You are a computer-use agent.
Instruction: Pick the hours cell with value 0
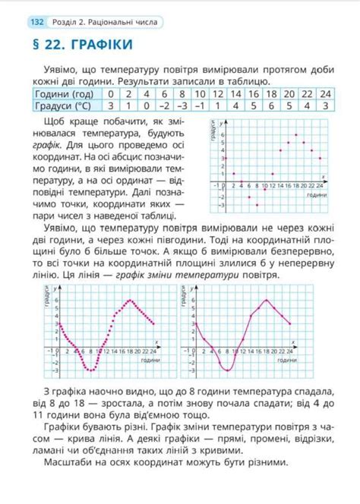coord(111,93)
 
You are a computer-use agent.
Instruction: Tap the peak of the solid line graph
coord(267,301)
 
